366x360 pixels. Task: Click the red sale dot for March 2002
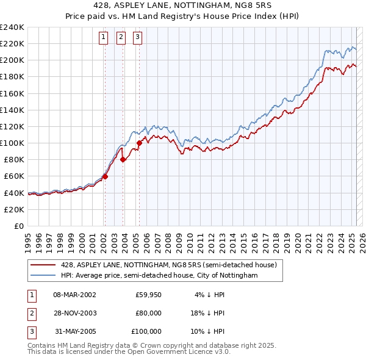105,176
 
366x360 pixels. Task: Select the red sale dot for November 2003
123,160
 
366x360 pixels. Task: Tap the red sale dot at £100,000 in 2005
139,143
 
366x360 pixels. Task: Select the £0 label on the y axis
18,226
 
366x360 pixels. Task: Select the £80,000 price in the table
148,314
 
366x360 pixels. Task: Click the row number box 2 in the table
31,314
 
